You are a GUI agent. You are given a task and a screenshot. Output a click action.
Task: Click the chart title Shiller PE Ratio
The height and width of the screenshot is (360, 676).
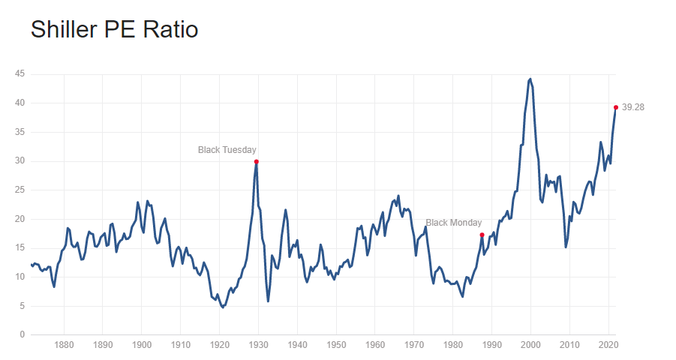114,30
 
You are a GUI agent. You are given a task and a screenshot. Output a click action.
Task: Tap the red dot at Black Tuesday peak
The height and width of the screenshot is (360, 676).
257,161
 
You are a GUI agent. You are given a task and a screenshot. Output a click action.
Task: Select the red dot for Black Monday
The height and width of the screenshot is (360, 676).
482,235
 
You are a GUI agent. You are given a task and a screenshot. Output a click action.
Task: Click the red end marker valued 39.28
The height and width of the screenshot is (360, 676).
616,107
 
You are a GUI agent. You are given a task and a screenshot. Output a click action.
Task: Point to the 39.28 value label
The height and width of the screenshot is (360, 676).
633,107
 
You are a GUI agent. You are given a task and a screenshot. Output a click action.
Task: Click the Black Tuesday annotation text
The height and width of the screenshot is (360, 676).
227,150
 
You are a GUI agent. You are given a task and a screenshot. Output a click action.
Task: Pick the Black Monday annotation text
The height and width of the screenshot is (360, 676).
454,223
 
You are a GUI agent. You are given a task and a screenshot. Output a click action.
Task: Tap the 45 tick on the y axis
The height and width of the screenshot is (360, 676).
20,73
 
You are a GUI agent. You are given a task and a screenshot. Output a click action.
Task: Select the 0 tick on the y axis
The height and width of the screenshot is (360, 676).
23,334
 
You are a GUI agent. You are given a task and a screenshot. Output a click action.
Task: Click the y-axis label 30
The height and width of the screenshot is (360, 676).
20,160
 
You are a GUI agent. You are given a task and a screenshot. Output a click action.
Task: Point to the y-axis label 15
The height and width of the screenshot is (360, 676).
20,247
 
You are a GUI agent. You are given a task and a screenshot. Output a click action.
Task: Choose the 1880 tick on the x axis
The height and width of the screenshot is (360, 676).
64,346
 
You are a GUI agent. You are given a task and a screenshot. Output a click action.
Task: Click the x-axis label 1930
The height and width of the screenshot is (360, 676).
258,346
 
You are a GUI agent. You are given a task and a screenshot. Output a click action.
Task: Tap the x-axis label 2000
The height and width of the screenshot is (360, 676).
530,346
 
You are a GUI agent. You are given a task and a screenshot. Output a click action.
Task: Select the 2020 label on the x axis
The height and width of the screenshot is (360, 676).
608,346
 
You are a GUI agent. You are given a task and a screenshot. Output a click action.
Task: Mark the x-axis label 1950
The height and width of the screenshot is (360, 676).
336,346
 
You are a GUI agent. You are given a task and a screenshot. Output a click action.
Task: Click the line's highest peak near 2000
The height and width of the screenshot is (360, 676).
530,78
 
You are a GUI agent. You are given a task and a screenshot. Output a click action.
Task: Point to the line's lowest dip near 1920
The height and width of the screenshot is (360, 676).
223,307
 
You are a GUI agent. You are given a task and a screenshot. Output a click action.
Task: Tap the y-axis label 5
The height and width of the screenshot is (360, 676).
23,305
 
